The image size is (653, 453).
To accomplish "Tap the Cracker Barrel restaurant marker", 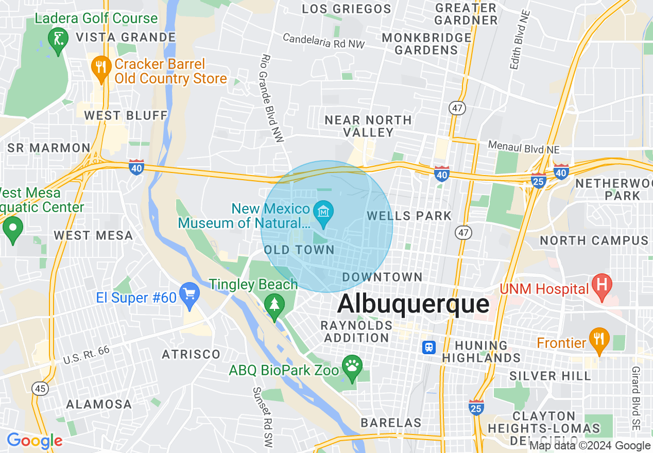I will click(101, 67).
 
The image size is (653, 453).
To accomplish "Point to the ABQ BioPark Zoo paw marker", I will click(352, 366).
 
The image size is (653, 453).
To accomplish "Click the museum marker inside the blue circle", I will click(324, 212).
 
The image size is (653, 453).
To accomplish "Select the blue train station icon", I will click(428, 347).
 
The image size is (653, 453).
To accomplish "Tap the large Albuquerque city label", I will click(413, 304).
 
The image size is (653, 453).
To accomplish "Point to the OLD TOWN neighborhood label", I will click(299, 250).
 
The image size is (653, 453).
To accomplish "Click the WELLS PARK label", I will click(409, 216).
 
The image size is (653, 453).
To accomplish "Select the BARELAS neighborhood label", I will click(391, 423).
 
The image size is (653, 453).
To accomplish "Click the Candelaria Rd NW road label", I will click(323, 41).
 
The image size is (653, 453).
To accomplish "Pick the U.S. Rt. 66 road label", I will click(86, 355).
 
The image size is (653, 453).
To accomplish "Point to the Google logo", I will click(35, 441).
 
